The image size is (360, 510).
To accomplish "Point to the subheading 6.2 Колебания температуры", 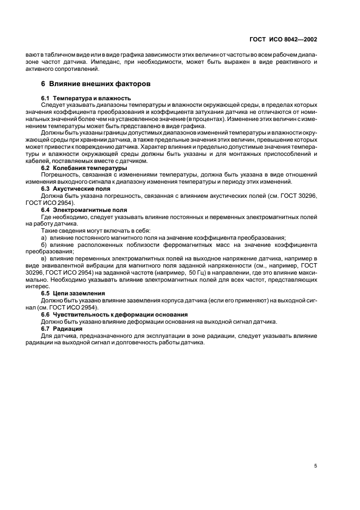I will point(77,168).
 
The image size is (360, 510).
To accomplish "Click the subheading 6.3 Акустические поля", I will point(72,188).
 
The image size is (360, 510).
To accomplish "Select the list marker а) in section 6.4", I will point(44,238).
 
